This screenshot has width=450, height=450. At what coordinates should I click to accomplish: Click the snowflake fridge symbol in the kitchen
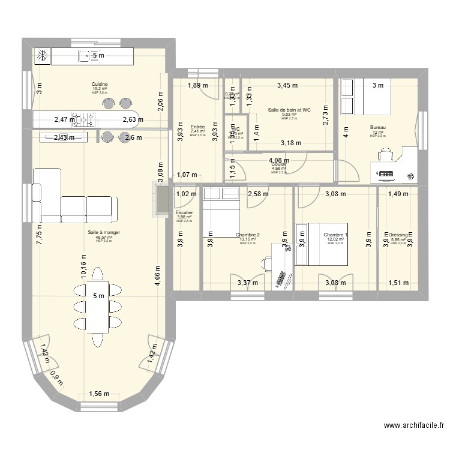[x=43, y=56]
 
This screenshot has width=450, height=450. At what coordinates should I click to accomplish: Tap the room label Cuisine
[x=100, y=84]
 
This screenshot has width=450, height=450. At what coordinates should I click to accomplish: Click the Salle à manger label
[x=100, y=233]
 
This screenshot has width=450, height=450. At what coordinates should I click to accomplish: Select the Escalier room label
[x=184, y=212]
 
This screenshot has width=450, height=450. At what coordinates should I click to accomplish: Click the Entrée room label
[x=197, y=127]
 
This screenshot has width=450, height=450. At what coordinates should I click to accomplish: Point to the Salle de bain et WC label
[x=289, y=110]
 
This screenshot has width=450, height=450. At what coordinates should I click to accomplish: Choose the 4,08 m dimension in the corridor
[x=279, y=160]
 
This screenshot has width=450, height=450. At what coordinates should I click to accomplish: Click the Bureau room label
[x=377, y=127]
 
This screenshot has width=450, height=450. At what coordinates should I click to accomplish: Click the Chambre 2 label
[x=248, y=235]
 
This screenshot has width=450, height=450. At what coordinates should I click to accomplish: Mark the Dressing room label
[x=398, y=235]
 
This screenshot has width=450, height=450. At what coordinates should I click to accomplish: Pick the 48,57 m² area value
[x=100, y=237]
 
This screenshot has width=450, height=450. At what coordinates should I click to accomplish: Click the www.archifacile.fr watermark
[x=413, y=426]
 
